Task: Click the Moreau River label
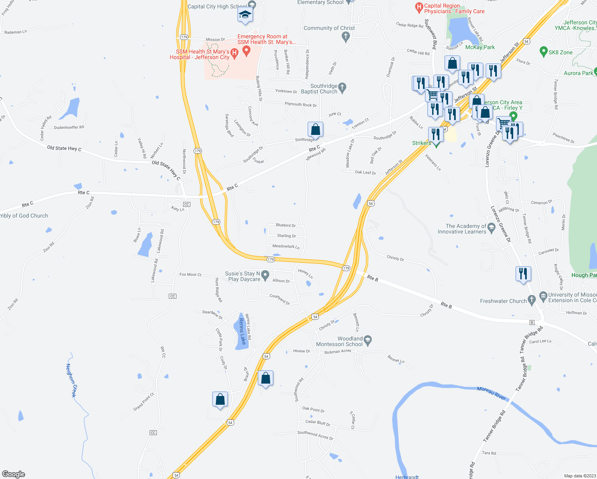(x=491, y=393)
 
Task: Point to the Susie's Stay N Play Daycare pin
(x=265, y=275)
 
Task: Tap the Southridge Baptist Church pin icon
(x=342, y=87)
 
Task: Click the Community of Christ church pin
(x=346, y=37)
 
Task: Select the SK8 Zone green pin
(x=543, y=51)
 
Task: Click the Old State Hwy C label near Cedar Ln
(x=64, y=148)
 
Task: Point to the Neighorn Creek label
(x=71, y=380)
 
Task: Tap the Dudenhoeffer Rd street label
(x=69, y=127)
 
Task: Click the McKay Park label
(x=480, y=47)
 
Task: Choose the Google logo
(x=14, y=474)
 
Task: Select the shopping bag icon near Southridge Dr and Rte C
(x=315, y=130)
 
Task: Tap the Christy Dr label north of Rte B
(x=395, y=258)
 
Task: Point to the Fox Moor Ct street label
(x=190, y=275)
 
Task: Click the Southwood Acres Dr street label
(x=315, y=435)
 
